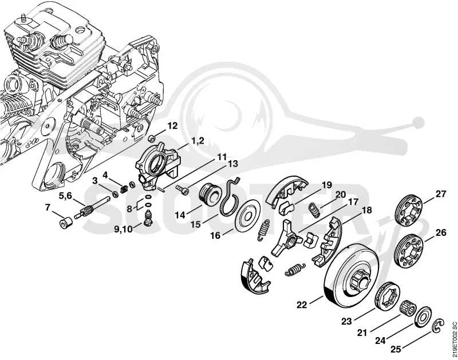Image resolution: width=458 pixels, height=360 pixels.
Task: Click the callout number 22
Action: point(302,305)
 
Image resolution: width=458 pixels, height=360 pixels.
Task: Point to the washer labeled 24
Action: point(423,315)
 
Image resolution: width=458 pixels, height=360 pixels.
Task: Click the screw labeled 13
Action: point(183,189)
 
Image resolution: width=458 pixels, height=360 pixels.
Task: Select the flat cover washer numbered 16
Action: point(248,216)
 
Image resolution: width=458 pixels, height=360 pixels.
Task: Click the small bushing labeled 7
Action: point(66,224)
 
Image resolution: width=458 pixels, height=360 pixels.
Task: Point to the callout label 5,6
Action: point(65,196)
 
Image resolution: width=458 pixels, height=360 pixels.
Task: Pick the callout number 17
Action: point(352,201)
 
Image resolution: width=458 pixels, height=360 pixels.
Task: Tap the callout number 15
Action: point(196,224)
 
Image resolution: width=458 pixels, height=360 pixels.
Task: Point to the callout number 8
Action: point(129,209)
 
